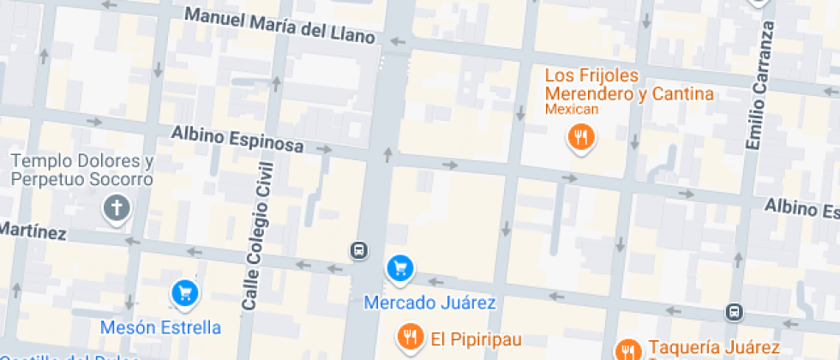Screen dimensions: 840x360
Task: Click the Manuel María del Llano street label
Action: pyautogui.click(x=280, y=26)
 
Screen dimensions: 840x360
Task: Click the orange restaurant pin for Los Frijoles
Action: pyautogui.click(x=582, y=136)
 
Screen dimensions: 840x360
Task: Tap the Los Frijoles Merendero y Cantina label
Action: pyautogui.click(x=630, y=85)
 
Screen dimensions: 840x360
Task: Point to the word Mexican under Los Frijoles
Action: pyautogui.click(x=572, y=110)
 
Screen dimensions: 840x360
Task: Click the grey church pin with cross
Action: pyautogui.click(x=116, y=207)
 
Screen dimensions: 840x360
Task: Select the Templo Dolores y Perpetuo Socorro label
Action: pyautogui.click(x=81, y=171)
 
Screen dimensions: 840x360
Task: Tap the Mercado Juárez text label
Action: pyautogui.click(x=429, y=303)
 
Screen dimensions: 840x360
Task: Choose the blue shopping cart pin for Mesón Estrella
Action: pyautogui.click(x=184, y=294)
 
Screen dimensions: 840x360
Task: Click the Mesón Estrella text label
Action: pyautogui.click(x=160, y=327)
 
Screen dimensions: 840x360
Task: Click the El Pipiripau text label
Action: pyautogui.click(x=476, y=338)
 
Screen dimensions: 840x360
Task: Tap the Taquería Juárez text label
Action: pyautogui.click(x=714, y=347)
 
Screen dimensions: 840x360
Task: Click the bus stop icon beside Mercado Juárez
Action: pyautogui.click(x=359, y=250)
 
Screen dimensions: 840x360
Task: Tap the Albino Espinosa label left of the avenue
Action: pyautogui.click(x=237, y=140)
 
